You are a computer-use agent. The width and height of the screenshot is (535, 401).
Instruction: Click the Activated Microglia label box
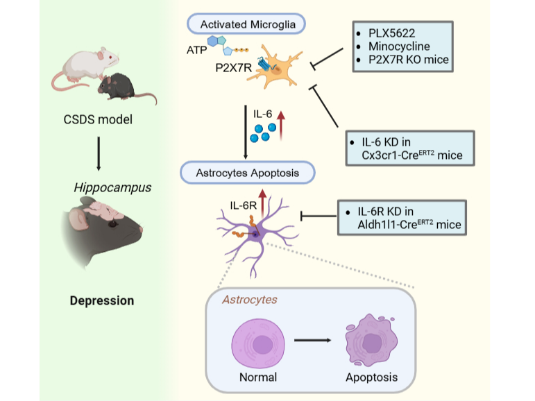click(x=247, y=25)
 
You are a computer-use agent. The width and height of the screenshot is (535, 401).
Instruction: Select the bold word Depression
click(x=101, y=301)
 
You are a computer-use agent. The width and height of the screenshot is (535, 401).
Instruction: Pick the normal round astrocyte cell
click(x=258, y=341)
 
